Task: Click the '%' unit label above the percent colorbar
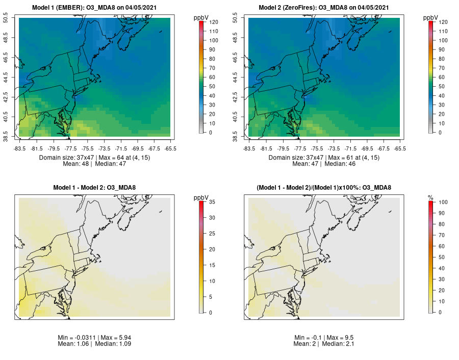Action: tap(430, 197)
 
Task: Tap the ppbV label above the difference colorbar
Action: tap(201, 197)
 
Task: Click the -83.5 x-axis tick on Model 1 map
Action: tap(19, 148)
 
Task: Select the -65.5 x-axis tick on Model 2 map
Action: tap(400, 148)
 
